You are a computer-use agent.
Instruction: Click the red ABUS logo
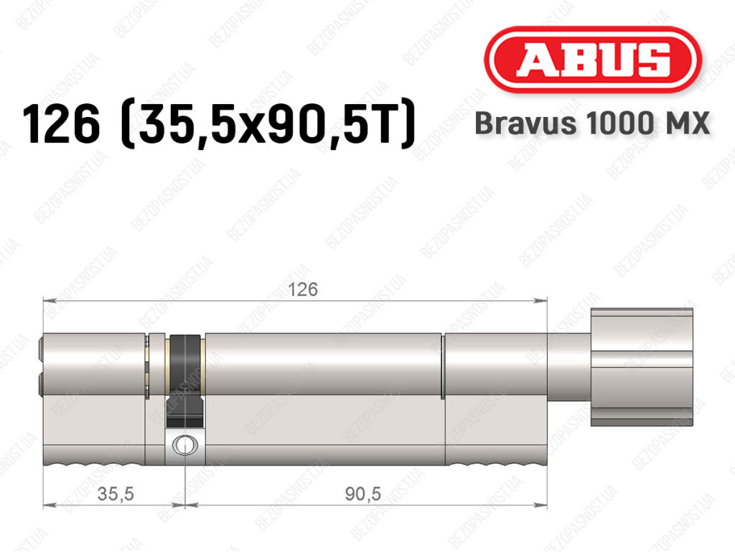pyautogui.click(x=592, y=60)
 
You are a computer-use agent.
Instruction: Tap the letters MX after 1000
pyautogui.click(x=688, y=123)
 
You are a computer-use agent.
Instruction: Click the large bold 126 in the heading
pyautogui.click(x=62, y=124)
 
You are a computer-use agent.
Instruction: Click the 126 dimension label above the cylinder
pyautogui.click(x=302, y=289)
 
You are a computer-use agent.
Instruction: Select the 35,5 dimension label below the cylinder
pyautogui.click(x=116, y=494)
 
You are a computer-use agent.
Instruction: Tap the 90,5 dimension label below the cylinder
pyautogui.click(x=363, y=494)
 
